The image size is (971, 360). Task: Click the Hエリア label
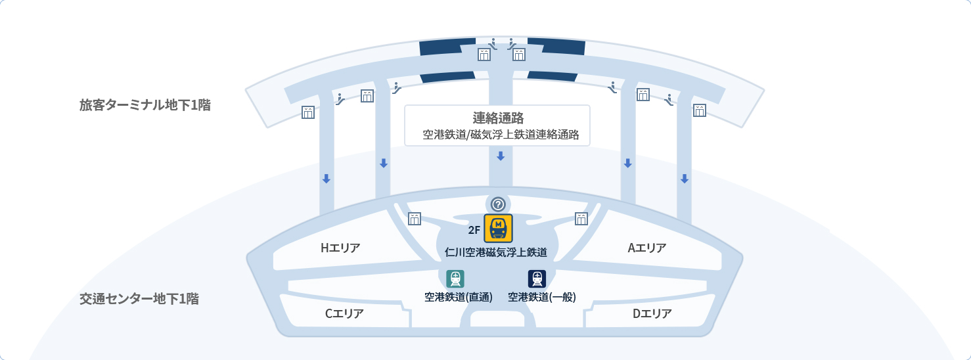(340, 248)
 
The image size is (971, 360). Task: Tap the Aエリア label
(647, 248)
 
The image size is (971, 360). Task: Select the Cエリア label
(344, 313)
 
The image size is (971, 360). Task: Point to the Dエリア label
(652, 313)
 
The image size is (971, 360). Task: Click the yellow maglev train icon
(498, 229)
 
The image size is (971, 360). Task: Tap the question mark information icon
(498, 204)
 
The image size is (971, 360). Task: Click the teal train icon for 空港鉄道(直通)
(455, 279)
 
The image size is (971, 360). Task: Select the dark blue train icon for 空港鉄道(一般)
(537, 279)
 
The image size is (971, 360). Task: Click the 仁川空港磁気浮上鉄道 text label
(495, 252)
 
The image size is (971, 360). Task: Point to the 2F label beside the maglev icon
(474, 230)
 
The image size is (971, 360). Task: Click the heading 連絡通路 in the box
(498, 118)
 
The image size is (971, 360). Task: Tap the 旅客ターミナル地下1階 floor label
(145, 104)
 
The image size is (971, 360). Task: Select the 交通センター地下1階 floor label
(139, 298)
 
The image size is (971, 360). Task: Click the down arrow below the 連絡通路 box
(501, 156)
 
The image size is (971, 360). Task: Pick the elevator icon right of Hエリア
(415, 219)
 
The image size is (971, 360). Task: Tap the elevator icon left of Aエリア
(581, 219)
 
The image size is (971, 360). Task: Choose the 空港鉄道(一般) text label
(542, 297)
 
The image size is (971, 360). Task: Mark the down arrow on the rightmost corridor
(684, 179)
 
